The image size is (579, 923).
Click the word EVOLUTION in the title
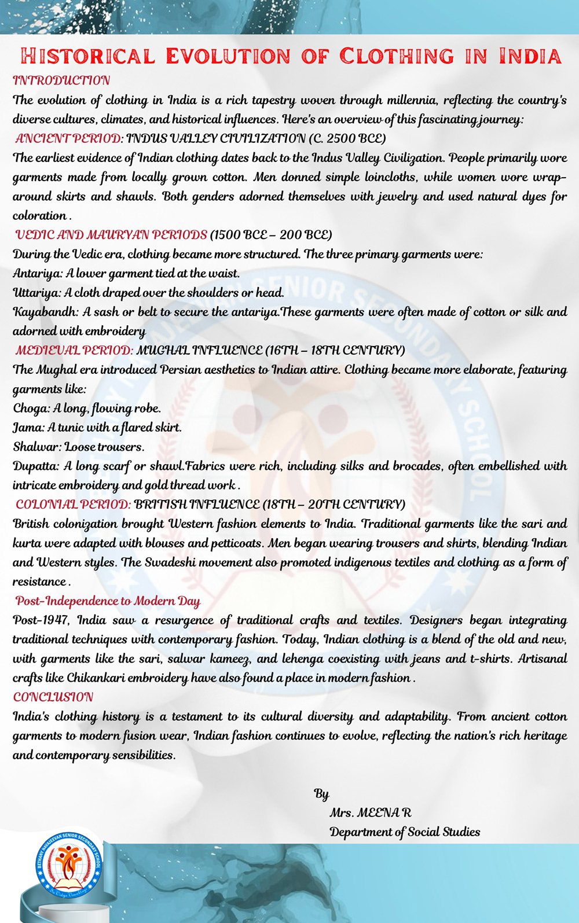[228, 56]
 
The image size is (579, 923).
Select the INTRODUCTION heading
[61, 80]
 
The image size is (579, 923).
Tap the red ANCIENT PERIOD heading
[68, 138]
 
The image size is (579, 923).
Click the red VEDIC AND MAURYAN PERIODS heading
[111, 235]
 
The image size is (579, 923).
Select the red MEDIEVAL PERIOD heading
[74, 351]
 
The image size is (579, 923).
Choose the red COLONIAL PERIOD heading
[73, 505]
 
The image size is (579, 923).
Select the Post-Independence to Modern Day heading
[108, 601]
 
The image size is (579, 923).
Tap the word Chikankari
[96, 678]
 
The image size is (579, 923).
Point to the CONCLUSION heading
[53, 697]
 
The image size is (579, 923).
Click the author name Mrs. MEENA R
[371, 812]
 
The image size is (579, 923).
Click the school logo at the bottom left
[69, 865]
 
